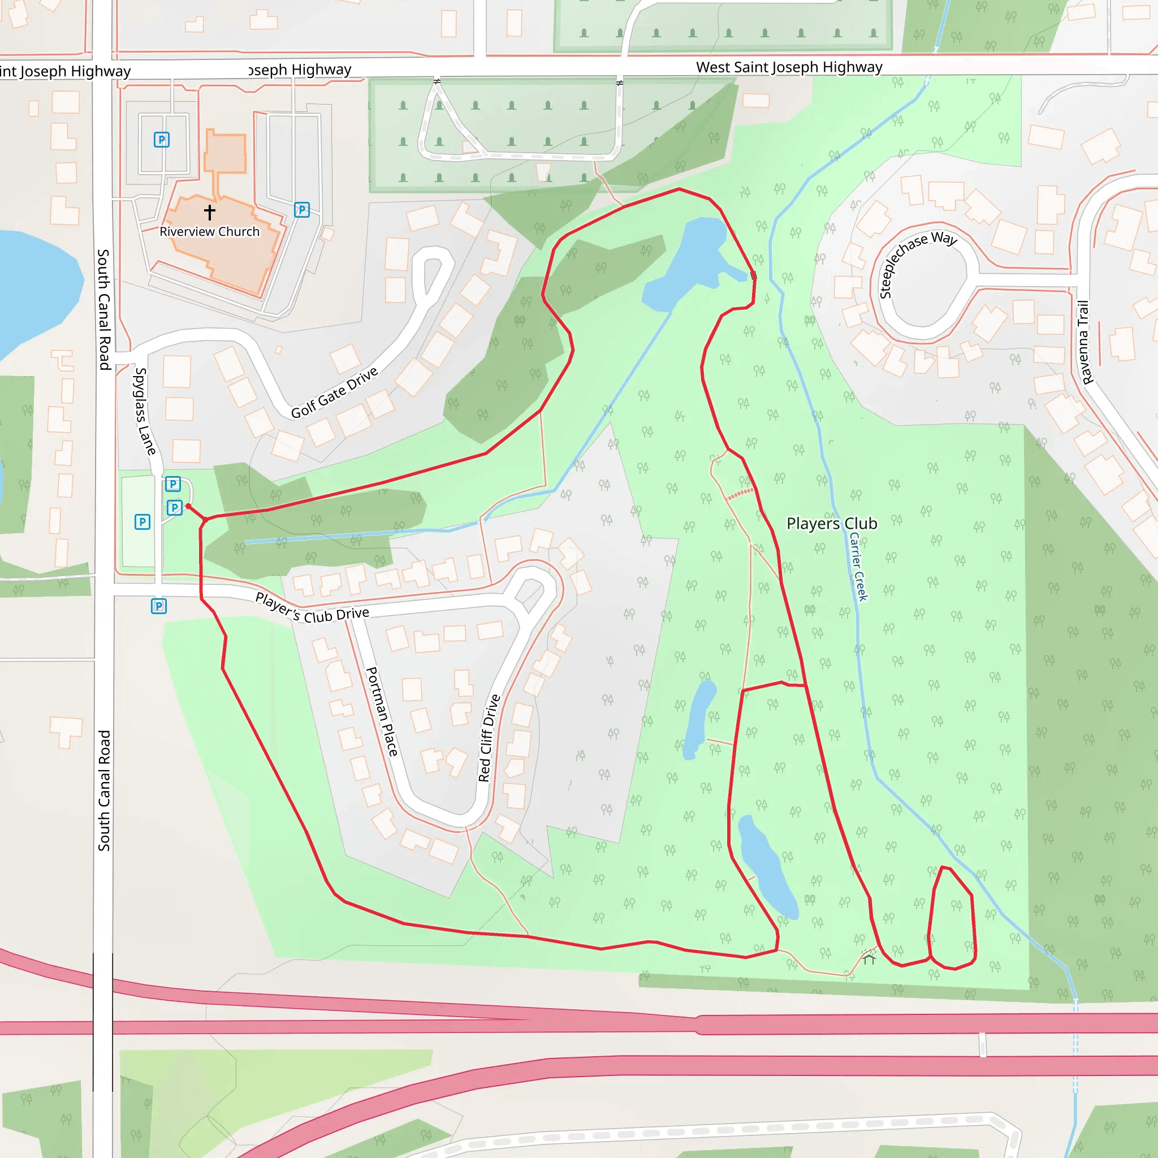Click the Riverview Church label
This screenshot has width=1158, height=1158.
point(209,231)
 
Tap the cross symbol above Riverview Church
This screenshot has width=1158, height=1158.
point(209,211)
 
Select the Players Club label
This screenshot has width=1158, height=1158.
point(831,523)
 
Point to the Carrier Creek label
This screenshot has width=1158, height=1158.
point(858,567)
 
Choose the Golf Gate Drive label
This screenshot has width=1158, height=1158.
point(335,392)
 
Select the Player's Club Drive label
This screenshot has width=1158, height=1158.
point(312,608)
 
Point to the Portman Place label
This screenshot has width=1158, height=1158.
point(382,711)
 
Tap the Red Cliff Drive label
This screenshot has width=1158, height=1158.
point(489,738)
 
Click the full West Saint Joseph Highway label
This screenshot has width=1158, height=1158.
point(789,67)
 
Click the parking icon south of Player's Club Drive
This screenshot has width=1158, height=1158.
point(158,606)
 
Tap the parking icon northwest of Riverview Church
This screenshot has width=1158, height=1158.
point(161,140)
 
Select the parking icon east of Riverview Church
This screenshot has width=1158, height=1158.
point(301,210)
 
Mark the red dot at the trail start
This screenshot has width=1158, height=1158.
point(188,507)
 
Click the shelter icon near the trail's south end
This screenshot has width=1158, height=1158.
point(868,960)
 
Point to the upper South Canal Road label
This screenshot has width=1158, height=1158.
point(103,309)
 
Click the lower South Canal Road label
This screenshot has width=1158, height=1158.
point(104,790)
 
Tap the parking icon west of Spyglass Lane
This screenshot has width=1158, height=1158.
point(142,521)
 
